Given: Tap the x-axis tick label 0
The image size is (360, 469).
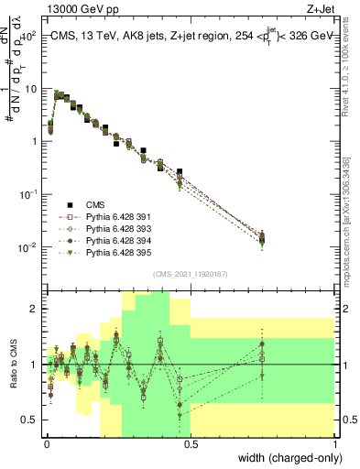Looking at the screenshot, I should click(45, 444).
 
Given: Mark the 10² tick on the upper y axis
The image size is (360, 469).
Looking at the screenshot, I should click(28, 36).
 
